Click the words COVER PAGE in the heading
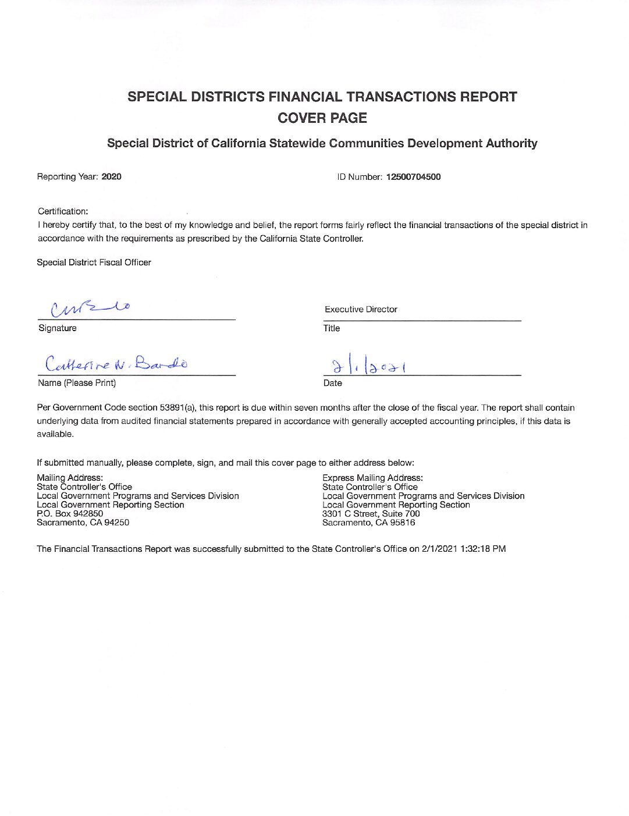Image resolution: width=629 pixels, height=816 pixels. click(322, 118)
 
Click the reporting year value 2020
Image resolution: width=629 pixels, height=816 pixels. click(111, 177)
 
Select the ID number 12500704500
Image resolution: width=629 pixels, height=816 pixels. click(413, 177)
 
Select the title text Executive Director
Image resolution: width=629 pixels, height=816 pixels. click(361, 310)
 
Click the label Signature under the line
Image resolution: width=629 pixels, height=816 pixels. click(57, 328)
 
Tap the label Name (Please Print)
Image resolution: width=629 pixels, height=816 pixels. click(76, 383)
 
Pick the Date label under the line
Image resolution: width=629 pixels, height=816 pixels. click(332, 383)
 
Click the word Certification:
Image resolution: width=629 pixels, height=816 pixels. click(63, 211)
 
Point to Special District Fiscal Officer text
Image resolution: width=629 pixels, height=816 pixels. click(94, 262)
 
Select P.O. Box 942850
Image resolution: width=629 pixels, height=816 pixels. click(70, 513)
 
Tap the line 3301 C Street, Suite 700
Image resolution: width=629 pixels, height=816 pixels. click(371, 513)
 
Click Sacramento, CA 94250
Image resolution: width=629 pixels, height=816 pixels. click(83, 523)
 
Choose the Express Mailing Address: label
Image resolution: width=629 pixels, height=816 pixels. click(372, 478)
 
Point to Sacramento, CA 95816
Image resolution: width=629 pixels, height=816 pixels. click(368, 523)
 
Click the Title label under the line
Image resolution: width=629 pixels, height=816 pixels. click(332, 328)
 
